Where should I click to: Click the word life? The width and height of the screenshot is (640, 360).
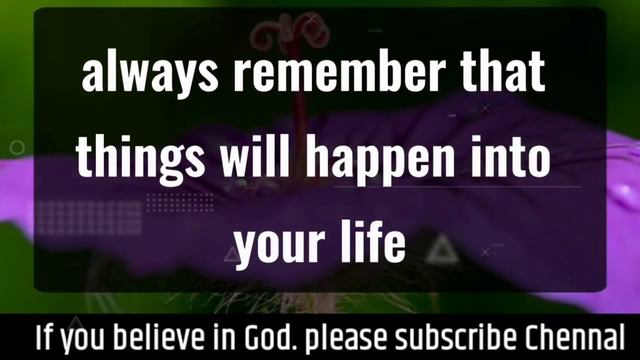[x=370, y=243]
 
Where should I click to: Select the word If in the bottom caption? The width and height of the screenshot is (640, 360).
[x=44, y=336]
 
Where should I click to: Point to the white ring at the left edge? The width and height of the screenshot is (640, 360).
[x=17, y=148]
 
